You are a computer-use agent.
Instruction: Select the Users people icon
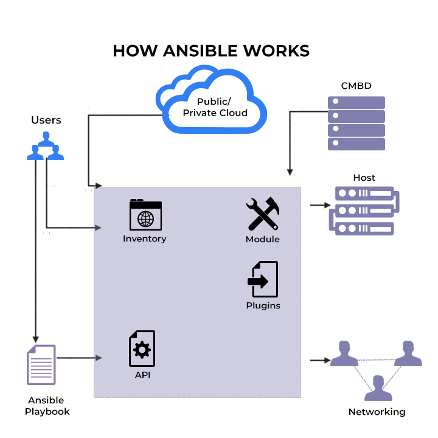pos(46,148)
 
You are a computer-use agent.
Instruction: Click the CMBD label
pos(356,86)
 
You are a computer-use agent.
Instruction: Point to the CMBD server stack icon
pos(356,123)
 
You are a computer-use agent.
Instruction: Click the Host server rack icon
pos(364,210)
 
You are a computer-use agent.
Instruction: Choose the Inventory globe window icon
pos(145,215)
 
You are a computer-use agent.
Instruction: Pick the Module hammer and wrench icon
pos(262,214)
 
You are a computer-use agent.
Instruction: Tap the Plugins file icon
pos(263,279)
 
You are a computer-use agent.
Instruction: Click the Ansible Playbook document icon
pos(41,365)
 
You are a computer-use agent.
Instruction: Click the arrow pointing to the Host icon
pos(319,205)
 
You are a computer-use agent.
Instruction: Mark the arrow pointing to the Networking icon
pos(319,360)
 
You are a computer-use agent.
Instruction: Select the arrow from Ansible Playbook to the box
pos(78,357)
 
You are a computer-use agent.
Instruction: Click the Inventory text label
pos(144,238)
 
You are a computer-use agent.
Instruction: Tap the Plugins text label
pos(263,305)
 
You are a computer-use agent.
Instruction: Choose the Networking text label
pos(377,412)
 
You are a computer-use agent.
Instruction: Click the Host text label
pos(364,178)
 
